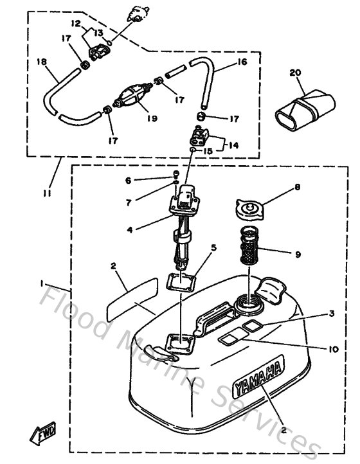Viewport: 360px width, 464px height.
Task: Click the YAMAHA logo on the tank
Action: (258, 379)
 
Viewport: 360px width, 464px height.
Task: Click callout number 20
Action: (295, 73)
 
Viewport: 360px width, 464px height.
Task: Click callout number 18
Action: (41, 63)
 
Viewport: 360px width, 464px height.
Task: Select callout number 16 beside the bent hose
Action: (242, 62)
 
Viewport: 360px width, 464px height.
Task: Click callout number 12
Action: (75, 24)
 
